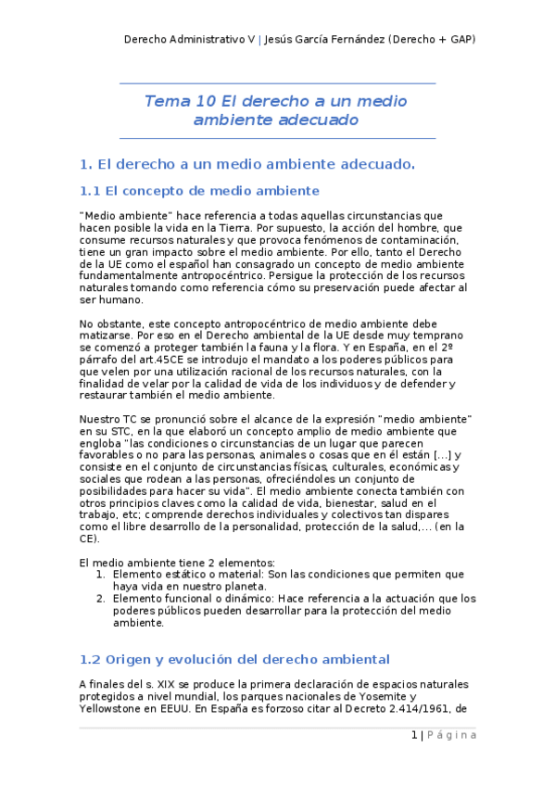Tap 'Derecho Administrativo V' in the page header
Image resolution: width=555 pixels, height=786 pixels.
189,39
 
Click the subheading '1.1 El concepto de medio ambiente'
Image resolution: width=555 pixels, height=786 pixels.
199,191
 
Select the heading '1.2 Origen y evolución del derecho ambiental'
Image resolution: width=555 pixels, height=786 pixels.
234,659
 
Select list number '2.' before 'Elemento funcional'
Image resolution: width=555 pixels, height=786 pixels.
102,599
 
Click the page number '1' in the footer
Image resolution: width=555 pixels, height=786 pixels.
414,735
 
